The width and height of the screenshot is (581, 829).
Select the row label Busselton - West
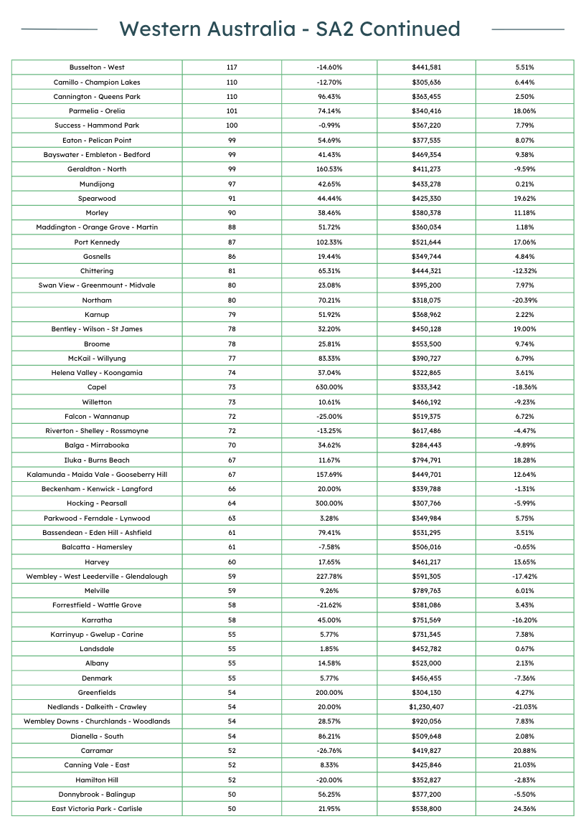tap(97, 67)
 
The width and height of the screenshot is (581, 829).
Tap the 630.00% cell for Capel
tap(329, 387)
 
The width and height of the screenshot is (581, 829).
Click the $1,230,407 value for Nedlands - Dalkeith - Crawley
tap(426, 707)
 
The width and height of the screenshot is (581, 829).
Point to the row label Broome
tap(97, 344)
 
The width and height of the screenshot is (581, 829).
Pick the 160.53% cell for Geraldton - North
tap(329, 169)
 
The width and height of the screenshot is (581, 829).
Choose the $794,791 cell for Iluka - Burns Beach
tap(426, 460)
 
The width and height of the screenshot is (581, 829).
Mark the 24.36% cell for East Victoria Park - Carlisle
tap(524, 808)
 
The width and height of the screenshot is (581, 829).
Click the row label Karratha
tap(97, 620)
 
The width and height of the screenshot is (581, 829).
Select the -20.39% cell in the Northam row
tap(524, 300)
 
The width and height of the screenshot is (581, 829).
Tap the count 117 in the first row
tap(232, 67)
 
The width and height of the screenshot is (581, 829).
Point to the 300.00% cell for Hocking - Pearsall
tap(329, 503)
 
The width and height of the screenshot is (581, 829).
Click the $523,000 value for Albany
tap(426, 663)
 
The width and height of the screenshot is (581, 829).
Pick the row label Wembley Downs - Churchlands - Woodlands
tap(97, 721)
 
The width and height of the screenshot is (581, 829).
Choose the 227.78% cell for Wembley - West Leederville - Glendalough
tap(329, 576)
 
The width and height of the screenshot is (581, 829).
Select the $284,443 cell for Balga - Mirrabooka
tap(426, 445)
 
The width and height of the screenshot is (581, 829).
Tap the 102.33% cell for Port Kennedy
tap(329, 242)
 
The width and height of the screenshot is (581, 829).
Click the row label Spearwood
tap(97, 198)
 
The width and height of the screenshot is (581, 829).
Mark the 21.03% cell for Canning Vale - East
tap(524, 765)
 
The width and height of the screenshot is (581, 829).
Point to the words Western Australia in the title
tap(207, 29)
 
